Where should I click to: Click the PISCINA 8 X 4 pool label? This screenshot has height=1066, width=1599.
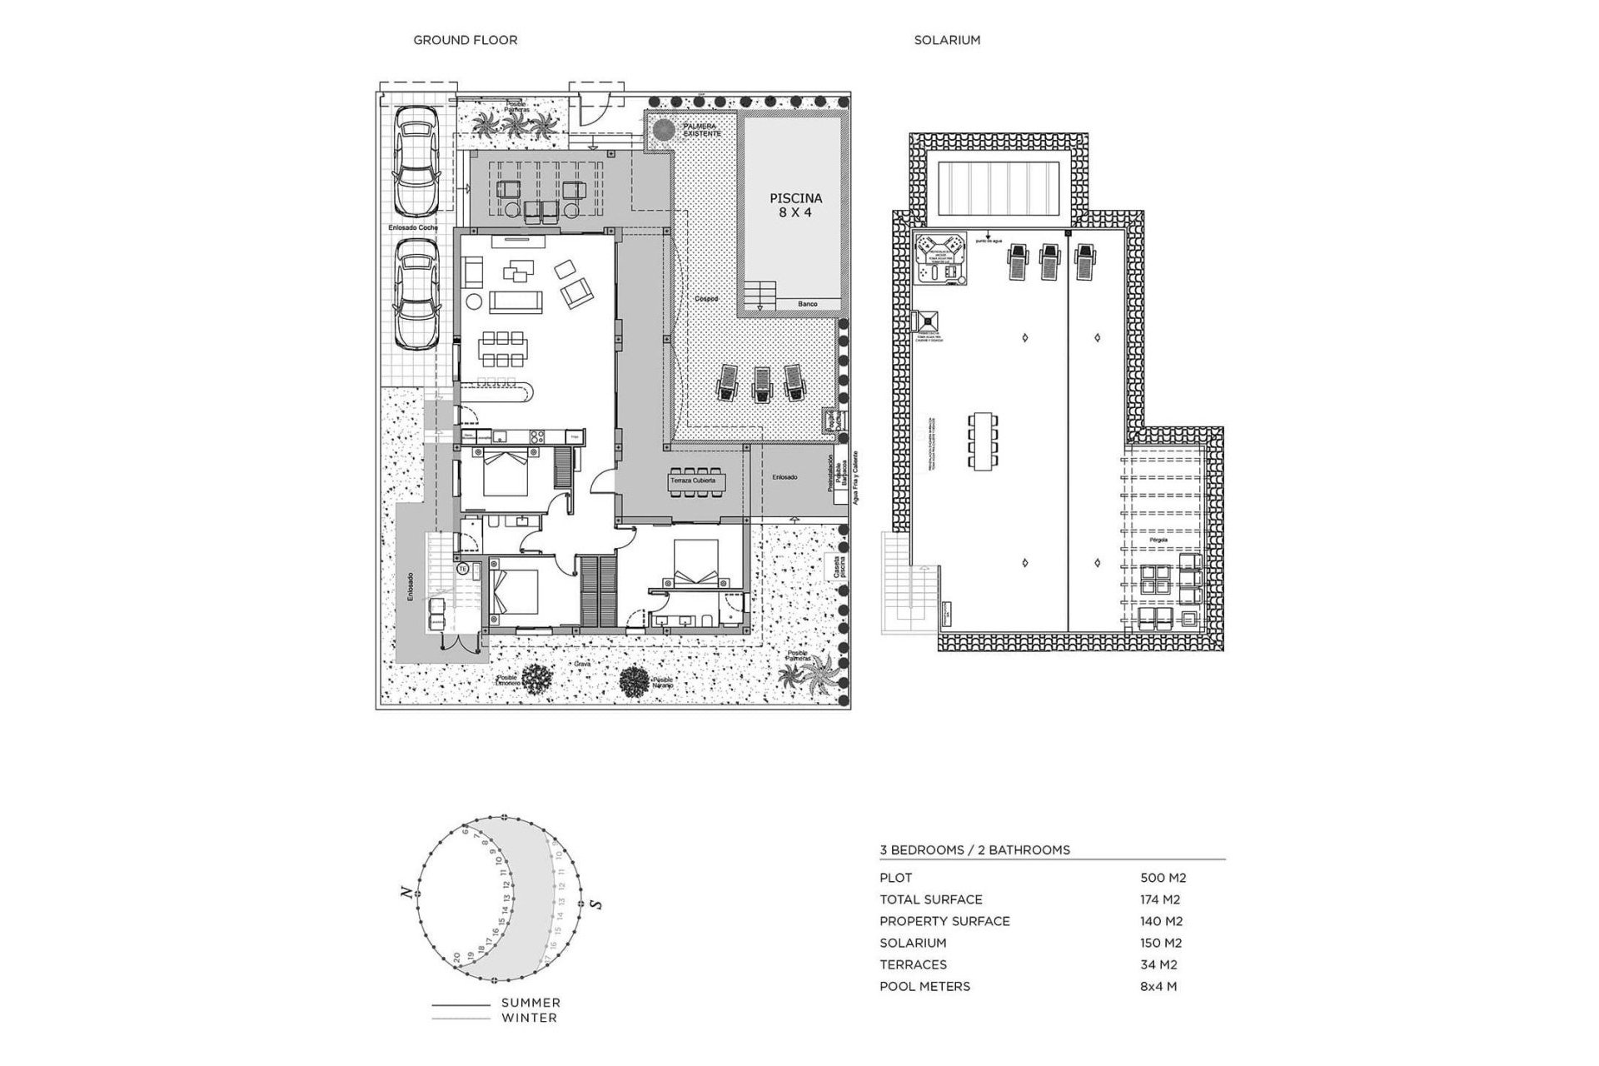point(795,205)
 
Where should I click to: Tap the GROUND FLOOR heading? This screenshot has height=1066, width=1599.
point(465,40)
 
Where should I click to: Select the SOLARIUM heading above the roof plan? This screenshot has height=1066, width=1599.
point(947,40)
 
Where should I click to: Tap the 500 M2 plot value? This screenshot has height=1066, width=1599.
point(1163,878)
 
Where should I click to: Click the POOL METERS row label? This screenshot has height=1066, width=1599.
point(924,986)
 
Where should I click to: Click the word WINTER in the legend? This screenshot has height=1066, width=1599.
point(529,1018)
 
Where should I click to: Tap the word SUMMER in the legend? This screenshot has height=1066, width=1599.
point(531,1003)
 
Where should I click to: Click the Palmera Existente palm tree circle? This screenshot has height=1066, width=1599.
point(663,131)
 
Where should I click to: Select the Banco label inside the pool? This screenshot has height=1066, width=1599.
point(807,305)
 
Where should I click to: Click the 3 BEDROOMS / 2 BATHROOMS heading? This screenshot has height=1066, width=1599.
point(974,850)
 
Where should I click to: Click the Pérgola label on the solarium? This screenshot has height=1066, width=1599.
point(1160,540)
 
